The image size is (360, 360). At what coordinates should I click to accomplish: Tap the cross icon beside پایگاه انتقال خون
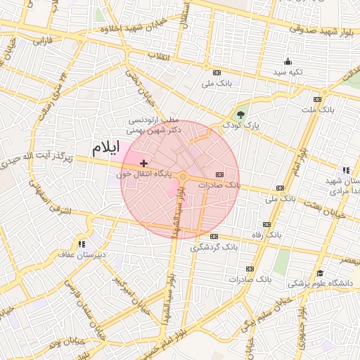(144, 162)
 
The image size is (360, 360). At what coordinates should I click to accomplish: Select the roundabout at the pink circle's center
(181, 177)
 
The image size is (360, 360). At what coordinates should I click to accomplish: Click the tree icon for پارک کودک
(242, 115)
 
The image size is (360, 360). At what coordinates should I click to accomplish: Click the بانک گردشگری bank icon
(214, 236)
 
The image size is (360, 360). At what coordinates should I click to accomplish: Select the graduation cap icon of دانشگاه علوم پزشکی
(321, 273)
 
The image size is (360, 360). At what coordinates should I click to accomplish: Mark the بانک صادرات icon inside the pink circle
(219, 174)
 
